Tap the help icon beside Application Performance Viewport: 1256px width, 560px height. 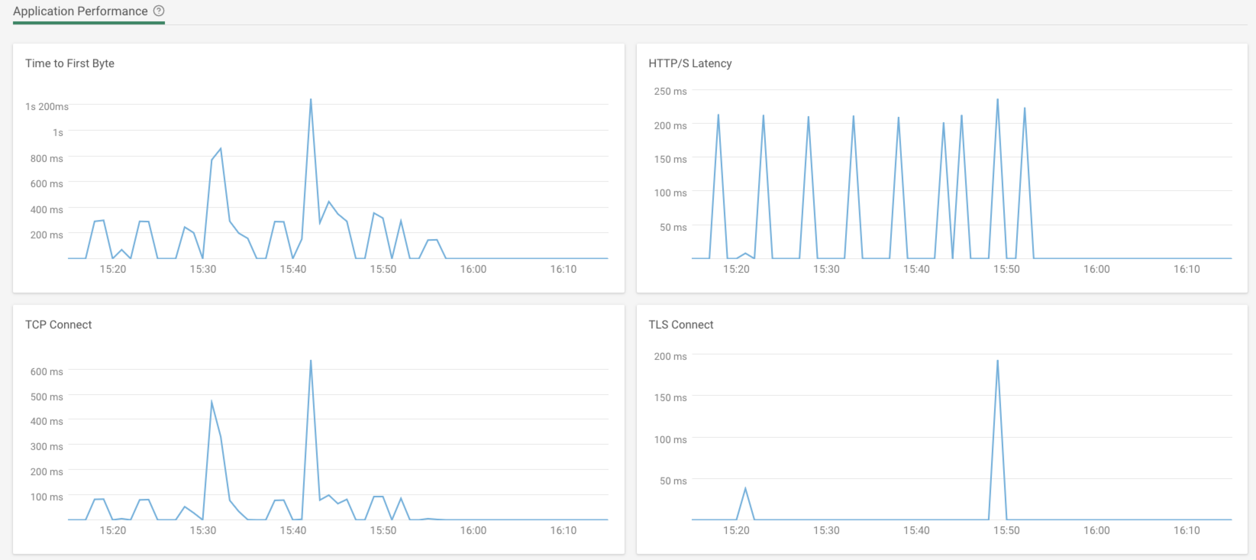point(159,11)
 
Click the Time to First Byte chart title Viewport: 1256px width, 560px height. point(70,63)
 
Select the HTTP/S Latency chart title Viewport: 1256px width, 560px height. point(690,63)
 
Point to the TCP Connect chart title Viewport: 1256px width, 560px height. point(58,325)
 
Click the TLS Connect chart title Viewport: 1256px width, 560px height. point(681,325)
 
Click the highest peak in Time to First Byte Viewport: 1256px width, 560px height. point(311,100)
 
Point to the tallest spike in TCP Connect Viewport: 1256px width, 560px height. point(311,361)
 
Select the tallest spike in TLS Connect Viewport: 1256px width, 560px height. point(998,361)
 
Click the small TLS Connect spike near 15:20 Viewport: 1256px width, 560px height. point(745,489)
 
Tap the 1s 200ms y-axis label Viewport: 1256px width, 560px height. point(47,106)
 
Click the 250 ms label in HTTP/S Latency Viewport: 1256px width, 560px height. point(670,91)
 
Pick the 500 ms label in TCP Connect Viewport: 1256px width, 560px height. point(47,397)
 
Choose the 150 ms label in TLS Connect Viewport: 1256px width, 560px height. point(670,398)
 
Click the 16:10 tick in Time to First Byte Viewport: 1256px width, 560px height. point(563,269)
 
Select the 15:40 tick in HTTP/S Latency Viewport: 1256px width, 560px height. point(916,269)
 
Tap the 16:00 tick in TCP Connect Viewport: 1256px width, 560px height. point(473,530)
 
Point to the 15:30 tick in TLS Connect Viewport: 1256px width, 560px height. point(826,530)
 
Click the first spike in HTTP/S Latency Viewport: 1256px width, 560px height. point(718,116)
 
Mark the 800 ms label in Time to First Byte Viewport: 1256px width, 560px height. point(47,159)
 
